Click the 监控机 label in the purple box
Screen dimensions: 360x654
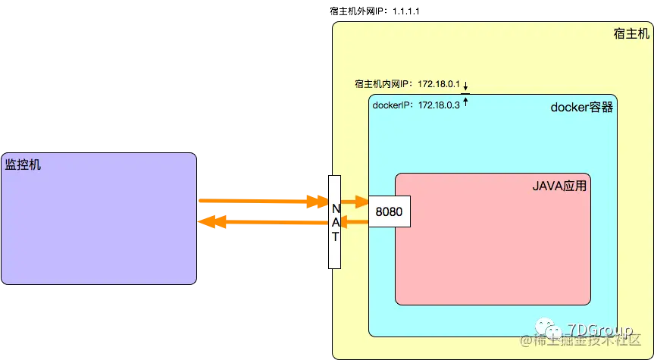click(x=23, y=164)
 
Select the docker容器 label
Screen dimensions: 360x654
click(x=581, y=107)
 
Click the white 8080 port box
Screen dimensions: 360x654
click(x=389, y=212)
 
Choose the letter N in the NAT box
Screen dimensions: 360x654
click(x=334, y=206)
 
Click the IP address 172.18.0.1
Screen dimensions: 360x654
click(x=439, y=83)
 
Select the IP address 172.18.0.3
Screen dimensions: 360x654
click(x=438, y=105)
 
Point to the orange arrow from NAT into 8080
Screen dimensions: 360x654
click(x=353, y=202)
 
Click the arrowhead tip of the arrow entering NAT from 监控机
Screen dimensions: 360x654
click(x=319, y=202)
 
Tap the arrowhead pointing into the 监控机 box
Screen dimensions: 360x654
click(x=206, y=222)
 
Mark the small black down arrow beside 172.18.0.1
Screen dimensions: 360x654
click(x=466, y=85)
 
